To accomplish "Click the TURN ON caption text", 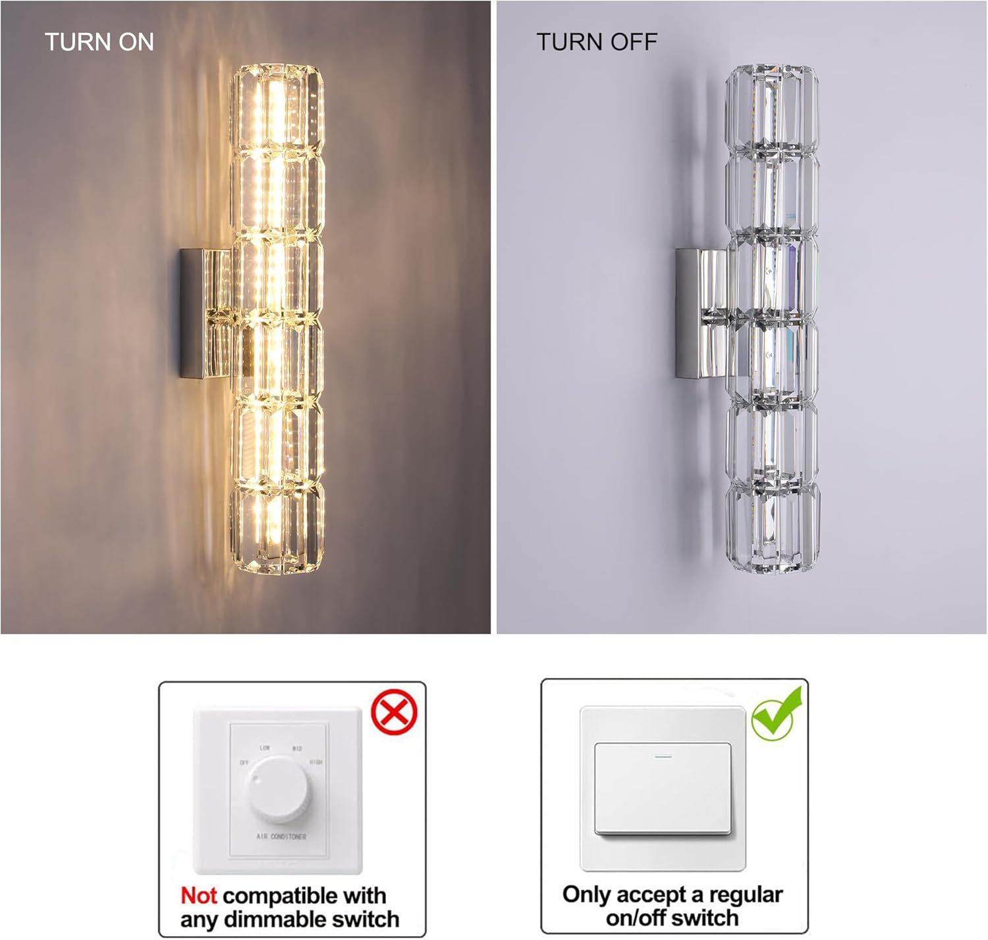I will click(99, 42).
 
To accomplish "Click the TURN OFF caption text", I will click(596, 42).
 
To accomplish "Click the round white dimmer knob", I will click(277, 788).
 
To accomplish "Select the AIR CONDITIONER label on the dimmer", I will click(281, 837).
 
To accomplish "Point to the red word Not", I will click(198, 896).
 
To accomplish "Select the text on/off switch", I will click(672, 918).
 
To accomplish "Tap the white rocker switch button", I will click(663, 788).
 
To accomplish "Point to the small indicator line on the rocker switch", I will click(663, 756).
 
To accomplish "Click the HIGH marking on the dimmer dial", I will click(316, 762).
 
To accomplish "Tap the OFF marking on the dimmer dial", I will click(244, 763).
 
